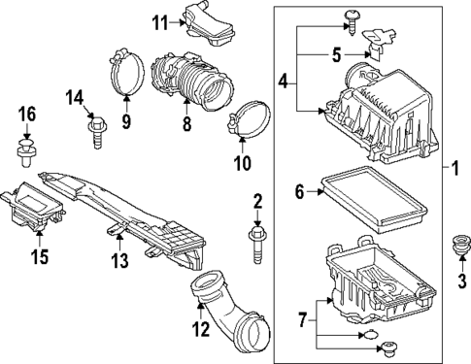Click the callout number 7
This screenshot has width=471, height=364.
tap(303, 318)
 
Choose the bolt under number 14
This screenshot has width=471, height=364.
tap(95, 128)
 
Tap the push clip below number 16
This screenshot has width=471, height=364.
tap(26, 151)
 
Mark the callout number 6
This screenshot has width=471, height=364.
tap(301, 192)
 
